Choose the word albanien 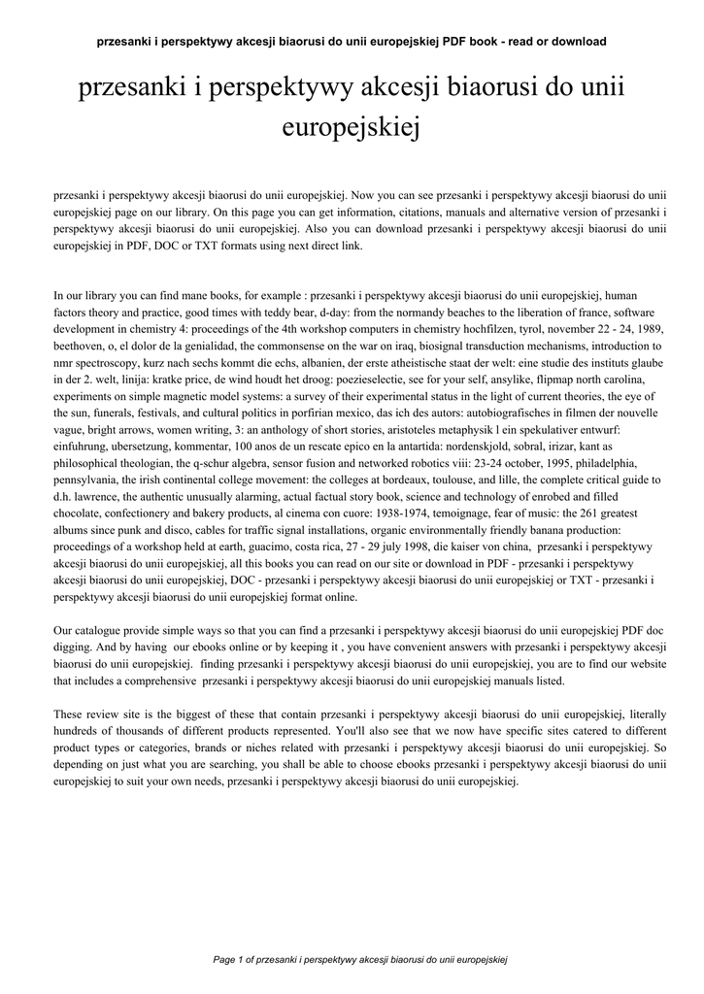point(318,363)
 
